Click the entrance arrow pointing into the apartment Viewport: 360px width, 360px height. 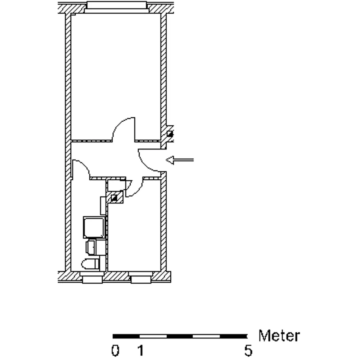click(180, 160)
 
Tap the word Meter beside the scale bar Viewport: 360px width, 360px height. click(279, 336)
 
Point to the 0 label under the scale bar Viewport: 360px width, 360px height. click(115, 351)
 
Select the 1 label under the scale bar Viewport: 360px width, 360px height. click(141, 351)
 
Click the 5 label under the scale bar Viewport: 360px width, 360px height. click(248, 351)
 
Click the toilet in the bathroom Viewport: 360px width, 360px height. click(91, 264)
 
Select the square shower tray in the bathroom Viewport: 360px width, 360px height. click(94, 227)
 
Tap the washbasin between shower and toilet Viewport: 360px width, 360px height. click(95, 247)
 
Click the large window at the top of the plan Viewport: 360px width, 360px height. click(116, 7)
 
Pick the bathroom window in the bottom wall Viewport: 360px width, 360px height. click(92, 277)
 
